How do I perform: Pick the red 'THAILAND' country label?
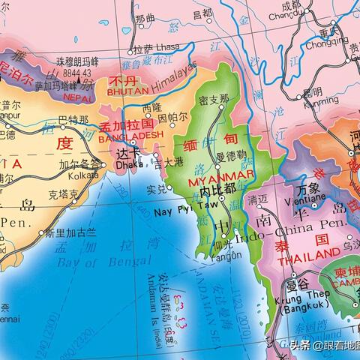point(307,259)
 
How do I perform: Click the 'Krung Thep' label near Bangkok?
point(310,295)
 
